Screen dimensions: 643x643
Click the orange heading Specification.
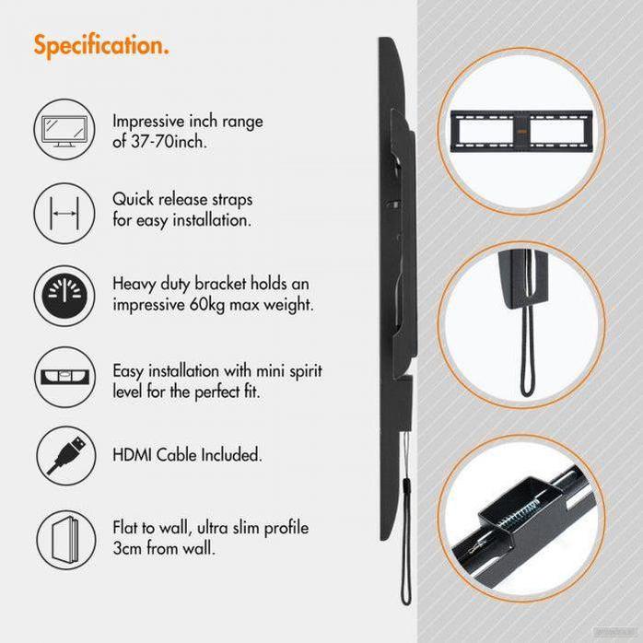(x=101, y=45)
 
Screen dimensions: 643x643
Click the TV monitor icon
(x=64, y=130)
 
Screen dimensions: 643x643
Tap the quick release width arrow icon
(x=64, y=213)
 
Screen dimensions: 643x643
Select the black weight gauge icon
(x=64, y=296)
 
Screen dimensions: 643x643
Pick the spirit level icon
(x=65, y=377)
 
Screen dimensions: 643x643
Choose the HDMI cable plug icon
(x=66, y=456)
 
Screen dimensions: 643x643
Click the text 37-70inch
(x=169, y=142)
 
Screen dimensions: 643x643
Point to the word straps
(x=232, y=200)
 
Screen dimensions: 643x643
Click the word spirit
(x=306, y=371)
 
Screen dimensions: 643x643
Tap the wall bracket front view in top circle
(x=521, y=131)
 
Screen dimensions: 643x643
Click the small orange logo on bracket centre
(x=521, y=131)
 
